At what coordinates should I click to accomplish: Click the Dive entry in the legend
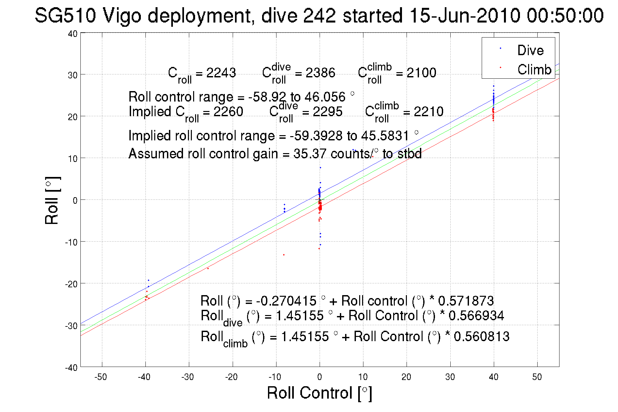tap(530, 50)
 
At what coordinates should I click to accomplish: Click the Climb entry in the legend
tap(534, 70)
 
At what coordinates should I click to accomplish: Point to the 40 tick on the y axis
tap(73, 34)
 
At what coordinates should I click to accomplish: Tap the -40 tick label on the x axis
tap(144, 377)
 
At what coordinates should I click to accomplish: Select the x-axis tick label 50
tap(537, 377)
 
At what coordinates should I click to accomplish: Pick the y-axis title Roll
tap(52, 201)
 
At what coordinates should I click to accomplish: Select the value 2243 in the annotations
tap(221, 72)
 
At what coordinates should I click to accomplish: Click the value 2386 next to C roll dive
tap(320, 72)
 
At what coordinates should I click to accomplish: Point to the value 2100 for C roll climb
tap(421, 72)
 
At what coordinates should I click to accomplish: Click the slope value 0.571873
tap(466, 301)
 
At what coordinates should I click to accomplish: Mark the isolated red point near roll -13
tap(284, 255)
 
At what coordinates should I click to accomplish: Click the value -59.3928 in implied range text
tap(316, 135)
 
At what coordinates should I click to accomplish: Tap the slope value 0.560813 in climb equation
tap(481, 337)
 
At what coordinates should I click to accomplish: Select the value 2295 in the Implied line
tap(327, 112)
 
